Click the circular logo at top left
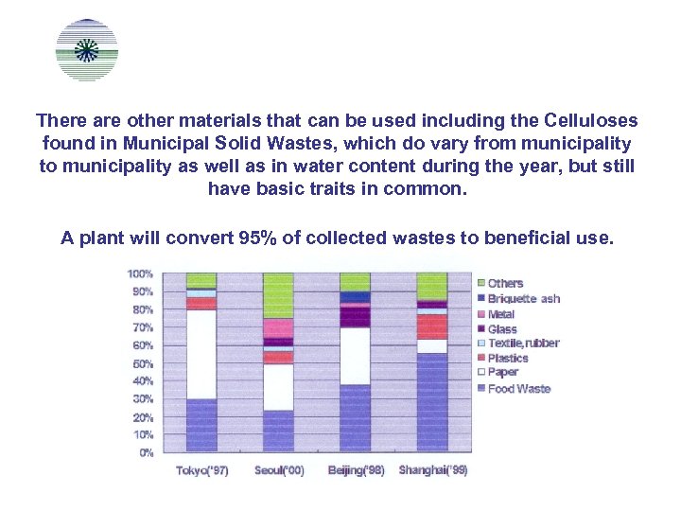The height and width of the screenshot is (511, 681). pyautogui.click(x=87, y=50)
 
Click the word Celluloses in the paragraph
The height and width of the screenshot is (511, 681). pyautogui.click(x=591, y=121)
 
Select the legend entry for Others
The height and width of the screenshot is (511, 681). pyautogui.click(x=505, y=283)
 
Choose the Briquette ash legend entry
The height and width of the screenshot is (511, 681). pyautogui.click(x=523, y=298)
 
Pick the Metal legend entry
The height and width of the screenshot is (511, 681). pyautogui.click(x=501, y=314)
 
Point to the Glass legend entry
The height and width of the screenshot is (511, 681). pyautogui.click(x=502, y=329)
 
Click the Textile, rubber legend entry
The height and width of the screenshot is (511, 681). pyautogui.click(x=523, y=344)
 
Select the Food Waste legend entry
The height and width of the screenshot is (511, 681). pyautogui.click(x=518, y=389)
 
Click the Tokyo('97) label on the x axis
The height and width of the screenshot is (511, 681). pyautogui.click(x=201, y=470)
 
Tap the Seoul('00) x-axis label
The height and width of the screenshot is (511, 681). pyautogui.click(x=279, y=470)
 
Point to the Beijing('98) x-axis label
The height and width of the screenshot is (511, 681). pyautogui.click(x=356, y=470)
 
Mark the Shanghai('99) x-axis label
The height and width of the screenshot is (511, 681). pyautogui.click(x=433, y=469)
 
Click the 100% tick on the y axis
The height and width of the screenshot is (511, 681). pyautogui.click(x=141, y=273)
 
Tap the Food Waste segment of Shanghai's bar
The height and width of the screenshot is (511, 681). pyautogui.click(x=432, y=402)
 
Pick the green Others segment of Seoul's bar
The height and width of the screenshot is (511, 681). pyautogui.click(x=278, y=295)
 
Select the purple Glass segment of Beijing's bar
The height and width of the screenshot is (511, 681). pyautogui.click(x=355, y=315)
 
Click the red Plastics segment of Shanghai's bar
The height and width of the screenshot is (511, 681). pyautogui.click(x=432, y=326)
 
